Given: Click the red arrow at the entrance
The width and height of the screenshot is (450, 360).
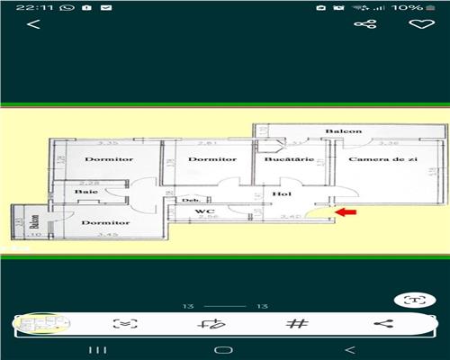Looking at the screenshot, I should coord(346,213).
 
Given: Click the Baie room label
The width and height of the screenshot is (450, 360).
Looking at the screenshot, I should coord(86,192).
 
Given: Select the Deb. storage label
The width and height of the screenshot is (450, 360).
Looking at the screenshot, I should coord(190,200).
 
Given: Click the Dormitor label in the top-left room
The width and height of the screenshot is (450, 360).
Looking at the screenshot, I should coord(109,159).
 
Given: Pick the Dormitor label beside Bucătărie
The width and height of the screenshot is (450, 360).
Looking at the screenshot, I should coord(211,159).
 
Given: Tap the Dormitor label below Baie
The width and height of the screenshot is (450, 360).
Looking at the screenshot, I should coord(105,222).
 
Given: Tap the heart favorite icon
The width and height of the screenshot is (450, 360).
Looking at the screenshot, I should coord(417,24).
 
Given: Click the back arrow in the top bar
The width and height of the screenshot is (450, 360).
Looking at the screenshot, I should coord(34,24).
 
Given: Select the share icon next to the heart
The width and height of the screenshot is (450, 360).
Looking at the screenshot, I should coord(364,24).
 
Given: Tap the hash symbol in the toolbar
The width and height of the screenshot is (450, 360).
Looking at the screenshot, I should coord(296,324).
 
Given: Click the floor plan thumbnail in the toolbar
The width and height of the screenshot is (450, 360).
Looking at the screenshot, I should coord(41,324).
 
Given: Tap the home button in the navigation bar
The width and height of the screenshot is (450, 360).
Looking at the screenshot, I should coord(224,349).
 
